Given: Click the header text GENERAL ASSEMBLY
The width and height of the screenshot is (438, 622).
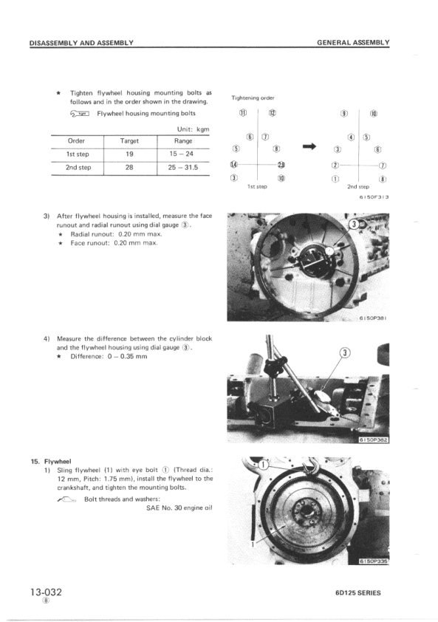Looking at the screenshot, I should click(x=353, y=43).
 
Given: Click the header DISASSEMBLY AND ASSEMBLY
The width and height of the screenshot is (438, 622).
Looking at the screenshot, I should click(x=81, y=43).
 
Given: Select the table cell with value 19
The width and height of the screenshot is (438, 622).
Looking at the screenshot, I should click(x=129, y=154).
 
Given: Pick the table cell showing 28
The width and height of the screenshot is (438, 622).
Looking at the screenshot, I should click(x=129, y=168).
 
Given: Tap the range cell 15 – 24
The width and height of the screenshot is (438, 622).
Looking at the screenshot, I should click(x=183, y=154).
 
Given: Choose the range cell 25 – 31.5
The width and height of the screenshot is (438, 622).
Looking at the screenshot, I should click(x=183, y=168).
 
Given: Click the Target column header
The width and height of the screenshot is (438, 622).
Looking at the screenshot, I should click(x=129, y=140).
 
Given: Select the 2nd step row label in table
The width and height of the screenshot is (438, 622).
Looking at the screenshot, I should click(x=78, y=168).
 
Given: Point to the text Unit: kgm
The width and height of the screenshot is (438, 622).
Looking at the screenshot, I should click(x=190, y=129).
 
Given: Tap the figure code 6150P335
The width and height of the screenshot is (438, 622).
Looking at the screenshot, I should click(x=372, y=561).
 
